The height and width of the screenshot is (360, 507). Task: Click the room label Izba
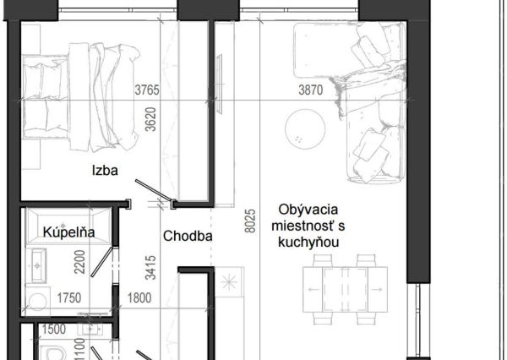[x=105, y=170]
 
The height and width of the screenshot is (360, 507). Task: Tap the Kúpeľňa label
[x=69, y=232]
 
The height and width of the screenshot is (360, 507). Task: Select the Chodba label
[x=188, y=236]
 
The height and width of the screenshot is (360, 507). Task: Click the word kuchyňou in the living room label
[x=308, y=242]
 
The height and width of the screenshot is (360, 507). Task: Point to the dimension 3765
[x=147, y=90]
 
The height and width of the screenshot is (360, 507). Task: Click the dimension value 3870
[x=310, y=90]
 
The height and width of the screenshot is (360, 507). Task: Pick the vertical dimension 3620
[x=150, y=119]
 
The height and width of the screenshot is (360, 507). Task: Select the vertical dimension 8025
[x=250, y=221]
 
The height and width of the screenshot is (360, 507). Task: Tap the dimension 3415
[x=150, y=268]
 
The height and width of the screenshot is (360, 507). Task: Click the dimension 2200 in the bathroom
[x=79, y=262]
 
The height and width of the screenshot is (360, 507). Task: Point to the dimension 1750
[x=69, y=298]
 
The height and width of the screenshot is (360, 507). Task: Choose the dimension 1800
[x=139, y=298]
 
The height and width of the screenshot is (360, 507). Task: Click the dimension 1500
[x=54, y=330]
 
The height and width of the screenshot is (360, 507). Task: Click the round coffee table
[x=305, y=129]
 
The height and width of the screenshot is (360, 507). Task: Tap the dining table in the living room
[x=345, y=290]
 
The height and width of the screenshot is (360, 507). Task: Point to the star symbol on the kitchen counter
[x=229, y=282]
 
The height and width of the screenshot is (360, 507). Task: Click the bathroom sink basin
[x=37, y=266]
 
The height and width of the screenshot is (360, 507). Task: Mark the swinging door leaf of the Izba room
[x=153, y=190]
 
